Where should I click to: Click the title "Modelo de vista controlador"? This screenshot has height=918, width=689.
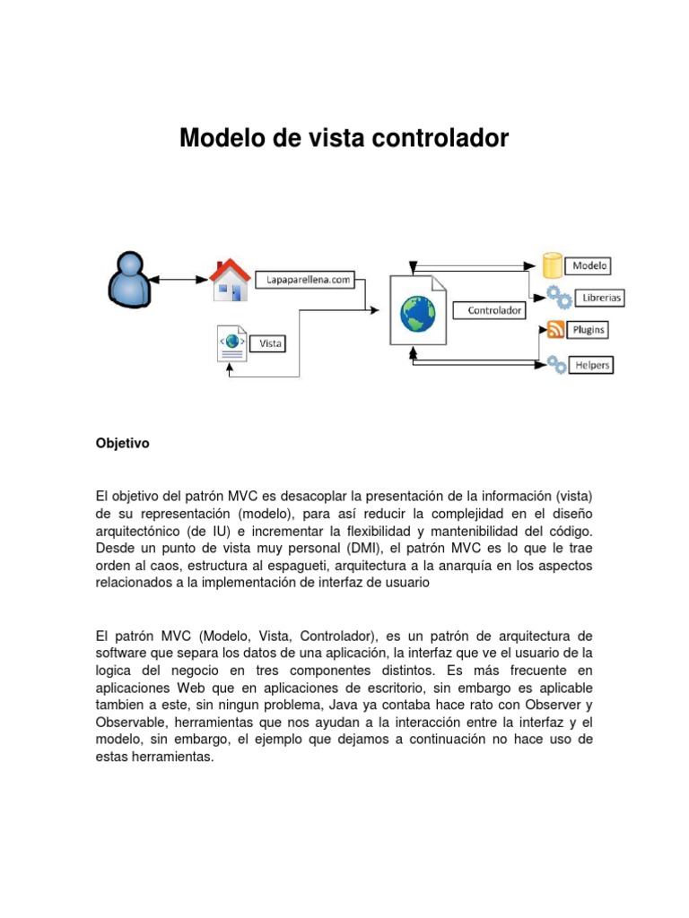344,138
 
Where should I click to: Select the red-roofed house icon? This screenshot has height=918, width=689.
229,280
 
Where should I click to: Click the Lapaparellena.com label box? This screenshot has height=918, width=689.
307,280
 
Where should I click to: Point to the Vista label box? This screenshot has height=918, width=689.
270,342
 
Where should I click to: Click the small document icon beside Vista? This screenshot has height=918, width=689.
232,345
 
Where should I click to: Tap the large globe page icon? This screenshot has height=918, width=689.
417,311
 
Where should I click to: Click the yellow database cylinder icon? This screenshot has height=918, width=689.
553,265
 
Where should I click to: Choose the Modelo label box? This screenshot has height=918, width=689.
589,265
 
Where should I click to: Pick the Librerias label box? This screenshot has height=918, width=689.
601,297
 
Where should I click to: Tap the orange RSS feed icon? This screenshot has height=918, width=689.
555,330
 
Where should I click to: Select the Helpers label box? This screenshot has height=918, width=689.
592,365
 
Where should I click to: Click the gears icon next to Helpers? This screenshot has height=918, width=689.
556,363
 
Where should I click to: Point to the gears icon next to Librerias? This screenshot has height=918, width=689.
558,296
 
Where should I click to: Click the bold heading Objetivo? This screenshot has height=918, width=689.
122,443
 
